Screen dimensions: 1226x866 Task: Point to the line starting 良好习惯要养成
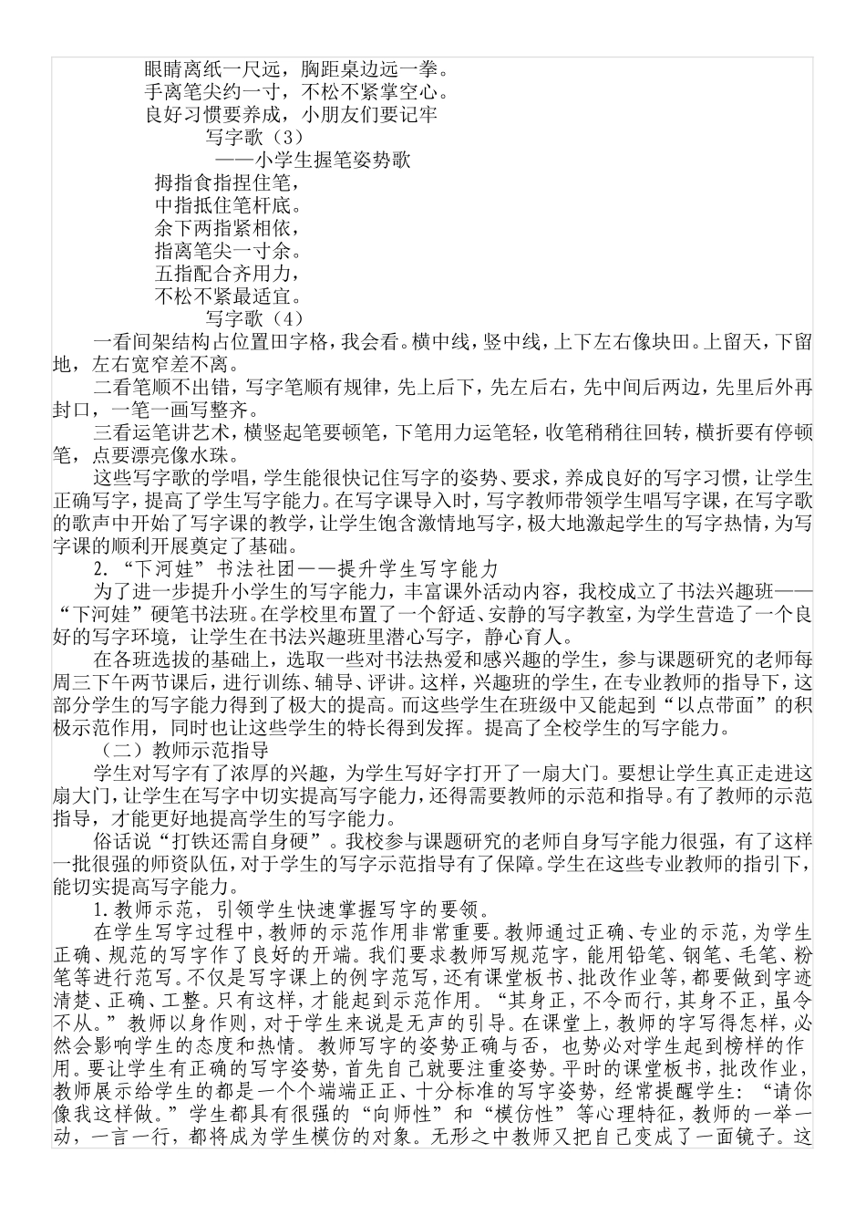tap(291, 115)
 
